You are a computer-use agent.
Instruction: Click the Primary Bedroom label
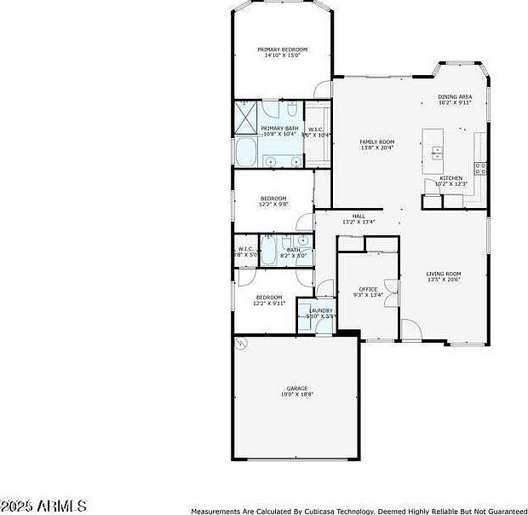click(283, 49)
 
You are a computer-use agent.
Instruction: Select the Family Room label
click(376, 142)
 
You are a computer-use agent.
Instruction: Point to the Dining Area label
click(455, 97)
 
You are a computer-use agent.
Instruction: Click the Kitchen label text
click(451, 178)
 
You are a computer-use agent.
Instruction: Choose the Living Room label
click(444, 274)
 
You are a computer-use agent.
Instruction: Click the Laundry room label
click(320, 310)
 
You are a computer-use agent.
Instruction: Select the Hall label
click(359, 216)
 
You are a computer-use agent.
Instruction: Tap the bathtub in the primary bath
click(246, 153)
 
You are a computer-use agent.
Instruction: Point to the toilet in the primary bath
click(290, 112)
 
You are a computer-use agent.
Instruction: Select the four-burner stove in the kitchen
click(480, 167)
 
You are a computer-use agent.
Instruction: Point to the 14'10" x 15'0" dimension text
click(283, 55)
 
